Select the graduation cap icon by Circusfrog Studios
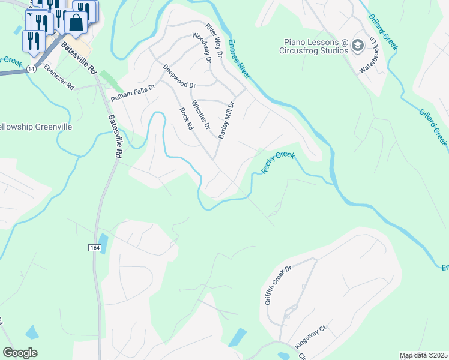click(358, 46)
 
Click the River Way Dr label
click(214, 40)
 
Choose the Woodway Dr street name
click(202, 47)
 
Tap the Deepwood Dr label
click(179, 77)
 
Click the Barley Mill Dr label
click(226, 120)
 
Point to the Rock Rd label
click(186, 119)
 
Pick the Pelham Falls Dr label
click(133, 92)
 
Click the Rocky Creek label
click(278, 163)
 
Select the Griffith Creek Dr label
click(278, 286)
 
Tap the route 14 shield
click(30, 70)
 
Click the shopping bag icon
click(76, 23)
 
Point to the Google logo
click(20, 353)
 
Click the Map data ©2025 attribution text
click(423, 355)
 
